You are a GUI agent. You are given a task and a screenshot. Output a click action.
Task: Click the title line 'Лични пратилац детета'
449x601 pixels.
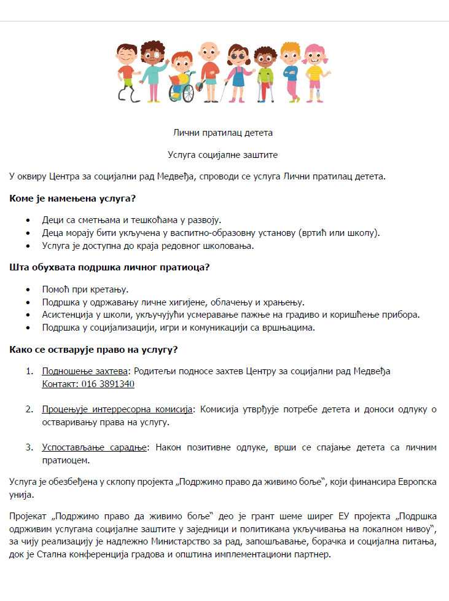coord(224,132)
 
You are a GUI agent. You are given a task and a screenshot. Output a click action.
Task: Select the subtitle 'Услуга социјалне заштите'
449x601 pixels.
coord(224,156)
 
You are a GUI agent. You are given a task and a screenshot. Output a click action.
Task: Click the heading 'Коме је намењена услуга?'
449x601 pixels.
coord(72,198)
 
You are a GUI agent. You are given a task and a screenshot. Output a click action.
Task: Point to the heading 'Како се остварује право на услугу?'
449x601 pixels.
coord(94,350)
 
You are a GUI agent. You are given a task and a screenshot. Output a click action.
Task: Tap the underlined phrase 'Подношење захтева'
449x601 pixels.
coord(84,371)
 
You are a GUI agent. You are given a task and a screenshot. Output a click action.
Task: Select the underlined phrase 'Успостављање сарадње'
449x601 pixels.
coord(94,447)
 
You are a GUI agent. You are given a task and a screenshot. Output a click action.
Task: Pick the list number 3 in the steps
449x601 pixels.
coord(28,447)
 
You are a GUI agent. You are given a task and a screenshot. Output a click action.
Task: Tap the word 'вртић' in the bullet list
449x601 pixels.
coord(313,233)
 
